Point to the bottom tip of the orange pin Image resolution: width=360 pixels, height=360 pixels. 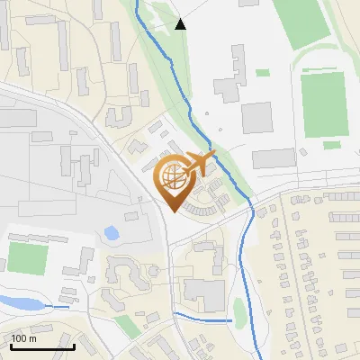pos(172,210)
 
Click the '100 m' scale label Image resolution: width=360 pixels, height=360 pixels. pos(24,338)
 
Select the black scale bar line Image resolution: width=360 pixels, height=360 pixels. pos(42,346)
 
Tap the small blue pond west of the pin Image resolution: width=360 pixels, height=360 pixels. pos(112,233)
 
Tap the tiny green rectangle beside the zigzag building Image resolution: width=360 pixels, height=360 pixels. pos(262,73)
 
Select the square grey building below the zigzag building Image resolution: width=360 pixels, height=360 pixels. pos(256,117)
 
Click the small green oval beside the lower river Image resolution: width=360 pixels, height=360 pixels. pos(239,310)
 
